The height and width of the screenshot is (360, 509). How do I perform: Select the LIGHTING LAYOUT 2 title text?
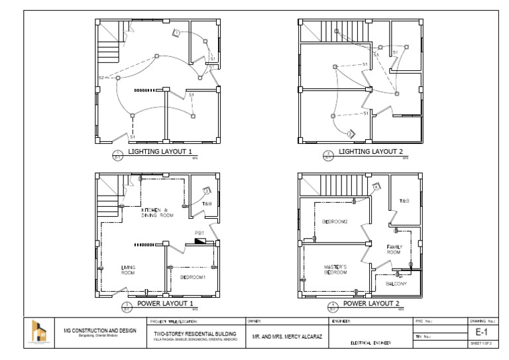(367, 152)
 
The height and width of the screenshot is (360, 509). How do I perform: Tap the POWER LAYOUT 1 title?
(165, 304)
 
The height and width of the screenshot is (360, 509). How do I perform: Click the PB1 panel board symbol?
(200, 240)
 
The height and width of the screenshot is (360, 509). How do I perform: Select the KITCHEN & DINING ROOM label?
(158, 213)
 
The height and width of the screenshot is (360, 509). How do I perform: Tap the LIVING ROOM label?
(128, 269)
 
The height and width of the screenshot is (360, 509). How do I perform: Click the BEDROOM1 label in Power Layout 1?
(194, 276)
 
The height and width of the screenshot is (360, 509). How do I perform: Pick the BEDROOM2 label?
(335, 221)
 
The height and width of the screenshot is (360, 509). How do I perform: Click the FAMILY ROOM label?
(394, 249)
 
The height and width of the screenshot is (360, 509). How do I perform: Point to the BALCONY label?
(396, 284)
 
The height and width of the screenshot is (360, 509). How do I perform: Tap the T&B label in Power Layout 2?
(404, 200)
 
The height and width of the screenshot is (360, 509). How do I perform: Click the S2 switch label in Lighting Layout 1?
(101, 78)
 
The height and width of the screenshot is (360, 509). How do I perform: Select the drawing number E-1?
(482, 330)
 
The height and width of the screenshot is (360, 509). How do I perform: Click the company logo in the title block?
(42, 332)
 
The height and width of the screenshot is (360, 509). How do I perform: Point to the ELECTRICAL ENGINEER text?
(370, 343)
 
